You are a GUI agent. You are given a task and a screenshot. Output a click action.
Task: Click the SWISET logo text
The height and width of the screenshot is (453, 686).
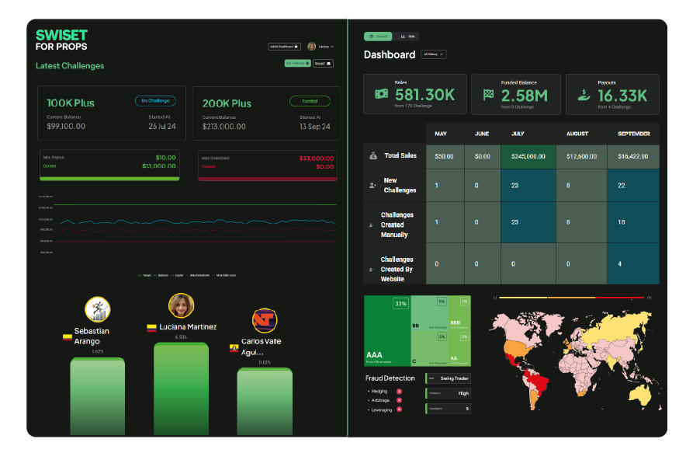coord(61,35)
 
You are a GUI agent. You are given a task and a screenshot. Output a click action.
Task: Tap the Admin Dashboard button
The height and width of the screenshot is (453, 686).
coord(284,47)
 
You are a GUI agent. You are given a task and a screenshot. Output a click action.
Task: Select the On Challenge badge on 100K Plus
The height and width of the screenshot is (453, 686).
coord(155,101)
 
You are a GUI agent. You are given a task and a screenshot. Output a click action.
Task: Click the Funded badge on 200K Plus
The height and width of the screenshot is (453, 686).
coord(310,101)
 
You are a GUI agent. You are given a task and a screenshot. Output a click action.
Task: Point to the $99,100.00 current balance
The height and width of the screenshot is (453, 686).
coord(66,126)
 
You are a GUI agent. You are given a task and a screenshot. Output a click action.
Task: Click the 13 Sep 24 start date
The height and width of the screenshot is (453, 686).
coord(314,126)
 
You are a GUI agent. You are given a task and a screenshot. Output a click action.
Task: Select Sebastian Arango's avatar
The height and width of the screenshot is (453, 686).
coord(97,308)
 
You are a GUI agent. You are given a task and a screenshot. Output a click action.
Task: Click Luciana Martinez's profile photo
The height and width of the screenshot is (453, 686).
coord(181,305)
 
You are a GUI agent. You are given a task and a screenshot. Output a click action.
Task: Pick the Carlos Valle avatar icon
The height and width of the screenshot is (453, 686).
coord(265,320)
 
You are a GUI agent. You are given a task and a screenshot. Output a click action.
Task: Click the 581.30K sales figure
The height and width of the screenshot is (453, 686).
coord(424,95)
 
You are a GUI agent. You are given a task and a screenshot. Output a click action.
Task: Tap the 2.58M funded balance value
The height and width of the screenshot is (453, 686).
coord(524,96)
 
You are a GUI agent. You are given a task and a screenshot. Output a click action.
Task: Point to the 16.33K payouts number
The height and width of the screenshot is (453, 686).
coord(622,96)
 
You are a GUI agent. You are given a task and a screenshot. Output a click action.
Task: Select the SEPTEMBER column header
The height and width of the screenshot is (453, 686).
coord(633,134)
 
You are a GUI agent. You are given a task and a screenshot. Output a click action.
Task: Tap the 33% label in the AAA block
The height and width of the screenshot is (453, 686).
coord(400,304)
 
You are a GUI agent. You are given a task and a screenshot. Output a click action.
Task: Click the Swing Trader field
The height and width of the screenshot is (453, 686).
coord(449,378)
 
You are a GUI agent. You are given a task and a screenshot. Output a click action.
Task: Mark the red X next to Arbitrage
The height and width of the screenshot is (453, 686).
coord(399,400)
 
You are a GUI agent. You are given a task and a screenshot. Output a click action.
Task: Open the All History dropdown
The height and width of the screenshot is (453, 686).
coord(433,54)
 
